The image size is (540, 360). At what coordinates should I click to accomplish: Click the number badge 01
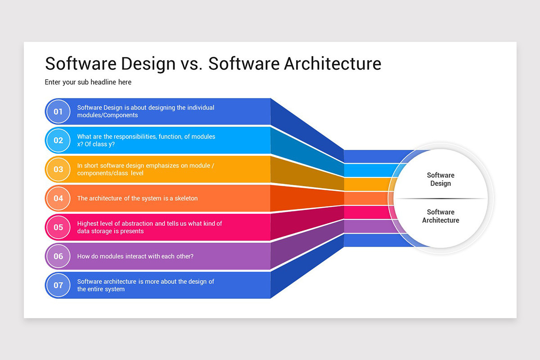pyautogui.click(x=58, y=112)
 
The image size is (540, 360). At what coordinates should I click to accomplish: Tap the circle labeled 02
pyautogui.click(x=58, y=140)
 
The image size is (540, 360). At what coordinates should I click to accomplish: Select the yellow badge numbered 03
pyautogui.click(x=58, y=170)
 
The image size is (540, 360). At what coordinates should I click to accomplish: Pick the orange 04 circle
pyautogui.click(x=58, y=198)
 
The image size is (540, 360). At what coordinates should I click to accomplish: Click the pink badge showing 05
pyautogui.click(x=58, y=227)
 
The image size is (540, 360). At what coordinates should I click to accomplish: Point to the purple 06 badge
pyautogui.click(x=58, y=256)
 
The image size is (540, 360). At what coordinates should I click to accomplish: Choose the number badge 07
pyautogui.click(x=58, y=285)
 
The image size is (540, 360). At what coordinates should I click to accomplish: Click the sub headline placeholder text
pyautogui.click(x=88, y=82)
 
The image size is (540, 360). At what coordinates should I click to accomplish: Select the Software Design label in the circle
pyautogui.click(x=441, y=179)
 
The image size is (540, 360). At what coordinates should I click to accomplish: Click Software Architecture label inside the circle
pyautogui.click(x=441, y=216)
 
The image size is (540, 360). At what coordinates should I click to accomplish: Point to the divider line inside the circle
pyautogui.click(x=441, y=198)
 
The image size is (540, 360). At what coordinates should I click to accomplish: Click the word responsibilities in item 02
pyautogui.click(x=135, y=137)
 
